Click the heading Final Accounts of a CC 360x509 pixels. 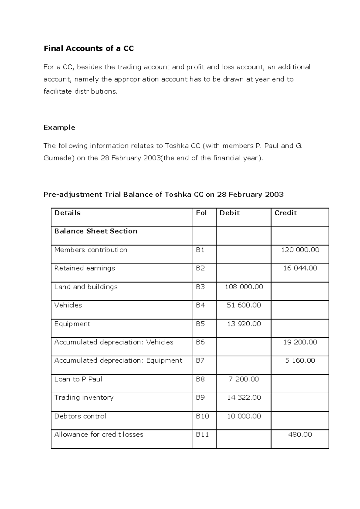[88, 49]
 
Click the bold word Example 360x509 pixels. [59, 127]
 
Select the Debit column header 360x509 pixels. [229, 213]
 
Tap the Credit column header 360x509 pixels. [285, 213]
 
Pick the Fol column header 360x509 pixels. [201, 213]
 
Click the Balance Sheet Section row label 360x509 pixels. [96, 231]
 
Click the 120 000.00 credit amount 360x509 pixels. [300, 250]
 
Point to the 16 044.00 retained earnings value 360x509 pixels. [300, 268]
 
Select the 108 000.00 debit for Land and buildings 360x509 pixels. [244, 287]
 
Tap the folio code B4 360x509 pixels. [200, 305]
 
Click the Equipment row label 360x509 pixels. [72, 324]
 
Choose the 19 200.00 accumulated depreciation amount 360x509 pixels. [300, 342]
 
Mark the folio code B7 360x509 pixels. [200, 360]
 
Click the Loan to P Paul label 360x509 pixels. [78, 379]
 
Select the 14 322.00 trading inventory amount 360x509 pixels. [244, 397]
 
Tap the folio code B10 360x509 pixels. [202, 416]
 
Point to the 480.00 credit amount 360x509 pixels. [300, 434]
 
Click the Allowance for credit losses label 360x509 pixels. [99, 434]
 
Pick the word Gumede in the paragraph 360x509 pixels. [59, 158]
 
